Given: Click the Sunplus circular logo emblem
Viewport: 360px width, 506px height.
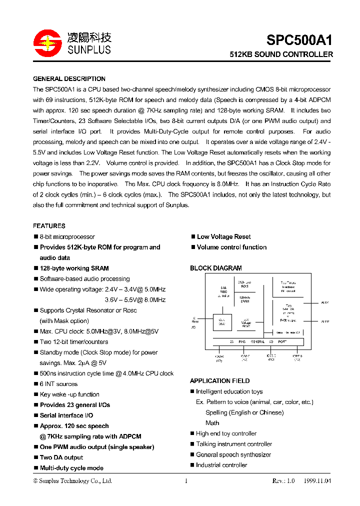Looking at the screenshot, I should tap(46, 43).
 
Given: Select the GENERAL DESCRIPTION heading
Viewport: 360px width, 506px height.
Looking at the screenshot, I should tap(69, 79).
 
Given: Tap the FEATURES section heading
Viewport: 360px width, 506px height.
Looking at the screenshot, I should tap(49, 226).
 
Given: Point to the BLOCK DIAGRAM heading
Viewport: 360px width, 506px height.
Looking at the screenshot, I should tap(215, 268).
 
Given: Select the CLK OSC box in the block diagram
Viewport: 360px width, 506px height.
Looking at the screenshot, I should tap(222, 322).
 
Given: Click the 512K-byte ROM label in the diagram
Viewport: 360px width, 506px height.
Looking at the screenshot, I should tap(243, 284).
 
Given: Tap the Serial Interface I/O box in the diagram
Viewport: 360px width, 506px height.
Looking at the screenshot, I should tap(287, 332).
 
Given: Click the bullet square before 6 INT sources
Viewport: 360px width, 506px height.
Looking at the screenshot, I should tap(35, 384).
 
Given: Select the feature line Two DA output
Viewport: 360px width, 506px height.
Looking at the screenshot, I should tap(61, 457).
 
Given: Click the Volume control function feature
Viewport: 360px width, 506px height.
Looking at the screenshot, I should tap(231, 247).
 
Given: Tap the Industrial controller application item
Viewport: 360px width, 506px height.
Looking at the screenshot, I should tap(221, 465).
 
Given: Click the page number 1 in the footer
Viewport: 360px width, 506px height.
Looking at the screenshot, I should tap(186, 481).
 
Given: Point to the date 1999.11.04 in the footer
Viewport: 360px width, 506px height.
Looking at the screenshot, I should tap(316, 481).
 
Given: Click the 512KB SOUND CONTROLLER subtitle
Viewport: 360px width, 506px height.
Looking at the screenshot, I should tap(281, 54).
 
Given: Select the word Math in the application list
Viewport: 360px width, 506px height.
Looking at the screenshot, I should tap(212, 423).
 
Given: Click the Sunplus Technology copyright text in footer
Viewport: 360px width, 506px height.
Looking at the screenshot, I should tap(72, 481).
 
